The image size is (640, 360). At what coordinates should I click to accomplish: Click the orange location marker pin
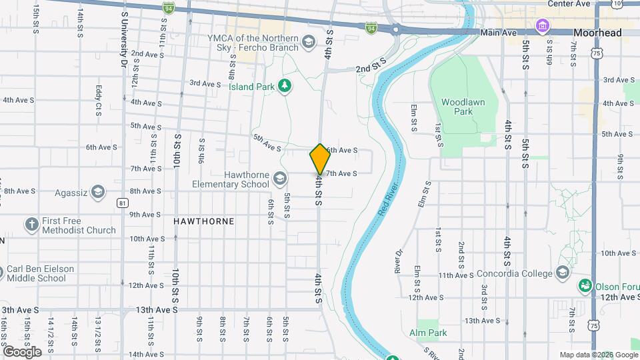(x=320, y=159)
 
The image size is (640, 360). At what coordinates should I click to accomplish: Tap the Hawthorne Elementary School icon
(x=281, y=178)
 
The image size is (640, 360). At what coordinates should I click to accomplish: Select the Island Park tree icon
(x=285, y=85)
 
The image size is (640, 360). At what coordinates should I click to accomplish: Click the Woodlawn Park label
(x=457, y=107)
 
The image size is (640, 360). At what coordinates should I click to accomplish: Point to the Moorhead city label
(x=597, y=33)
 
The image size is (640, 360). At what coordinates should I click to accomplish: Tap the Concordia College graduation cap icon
(x=563, y=272)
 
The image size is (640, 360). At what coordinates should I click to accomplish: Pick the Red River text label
(x=391, y=197)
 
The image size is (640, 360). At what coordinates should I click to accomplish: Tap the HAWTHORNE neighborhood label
(x=203, y=221)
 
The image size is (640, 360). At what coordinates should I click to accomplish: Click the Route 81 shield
(x=121, y=202)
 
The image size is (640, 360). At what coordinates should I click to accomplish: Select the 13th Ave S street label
(x=157, y=310)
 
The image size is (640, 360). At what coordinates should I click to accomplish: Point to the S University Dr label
(x=124, y=40)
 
